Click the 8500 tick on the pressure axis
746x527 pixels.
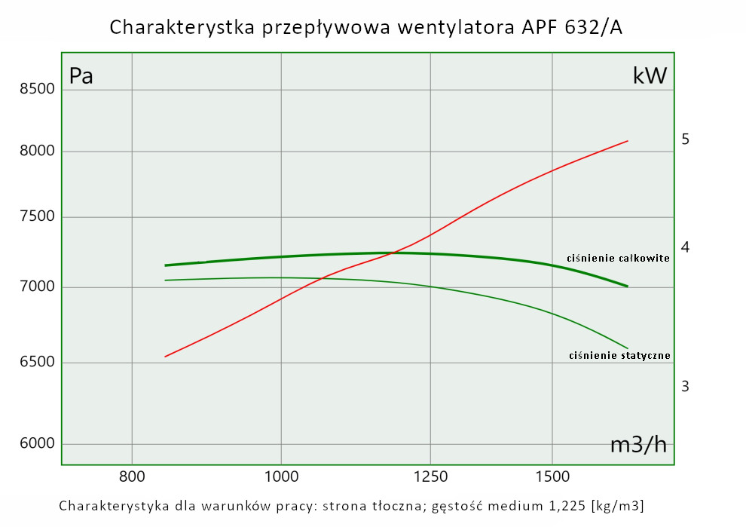point(38,89)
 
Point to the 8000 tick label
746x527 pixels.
point(38,152)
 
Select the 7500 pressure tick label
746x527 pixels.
point(38,218)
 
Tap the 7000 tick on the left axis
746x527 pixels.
point(38,287)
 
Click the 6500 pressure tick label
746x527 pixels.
point(38,363)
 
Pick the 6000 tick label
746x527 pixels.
point(38,443)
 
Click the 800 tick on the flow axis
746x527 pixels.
point(132,476)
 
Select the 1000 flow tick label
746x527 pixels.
point(280,476)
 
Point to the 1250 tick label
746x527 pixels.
point(430,476)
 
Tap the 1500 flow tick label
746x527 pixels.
point(552,476)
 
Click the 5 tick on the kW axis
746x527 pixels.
point(685,139)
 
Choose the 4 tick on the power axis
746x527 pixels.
point(685,248)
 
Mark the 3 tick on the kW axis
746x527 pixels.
point(685,387)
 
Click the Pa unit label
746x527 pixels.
point(81,76)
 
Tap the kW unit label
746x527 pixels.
point(650,75)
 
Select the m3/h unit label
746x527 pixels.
point(638,445)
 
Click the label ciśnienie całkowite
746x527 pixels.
point(618,259)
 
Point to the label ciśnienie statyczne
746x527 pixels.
point(619,355)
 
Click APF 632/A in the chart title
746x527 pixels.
point(572,27)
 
